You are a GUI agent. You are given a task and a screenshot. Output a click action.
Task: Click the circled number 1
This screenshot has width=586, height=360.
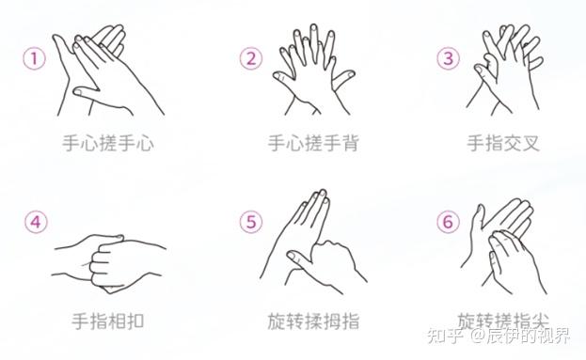point(35,58)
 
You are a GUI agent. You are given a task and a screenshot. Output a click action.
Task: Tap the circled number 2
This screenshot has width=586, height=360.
point(251,58)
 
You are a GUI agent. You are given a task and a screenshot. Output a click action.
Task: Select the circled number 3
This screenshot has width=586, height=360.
point(448,58)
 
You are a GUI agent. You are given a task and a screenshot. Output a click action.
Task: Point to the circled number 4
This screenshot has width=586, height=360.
point(36,222)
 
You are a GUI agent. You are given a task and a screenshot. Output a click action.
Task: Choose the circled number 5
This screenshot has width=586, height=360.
point(251,222)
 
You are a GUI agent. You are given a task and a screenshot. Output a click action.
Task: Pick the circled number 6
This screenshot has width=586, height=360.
point(448,222)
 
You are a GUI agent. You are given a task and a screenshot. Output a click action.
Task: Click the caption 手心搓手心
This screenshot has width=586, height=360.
point(108,143)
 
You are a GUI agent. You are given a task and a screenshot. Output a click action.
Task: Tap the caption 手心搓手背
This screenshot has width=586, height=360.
point(313,143)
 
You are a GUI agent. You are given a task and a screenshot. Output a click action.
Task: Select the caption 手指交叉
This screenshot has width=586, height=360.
point(503,143)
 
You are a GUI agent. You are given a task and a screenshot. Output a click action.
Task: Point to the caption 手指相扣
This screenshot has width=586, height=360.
point(108,321)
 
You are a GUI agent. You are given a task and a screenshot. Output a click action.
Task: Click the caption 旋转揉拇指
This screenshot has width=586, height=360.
point(313,321)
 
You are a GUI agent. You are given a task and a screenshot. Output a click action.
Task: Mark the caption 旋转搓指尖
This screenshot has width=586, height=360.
point(503,321)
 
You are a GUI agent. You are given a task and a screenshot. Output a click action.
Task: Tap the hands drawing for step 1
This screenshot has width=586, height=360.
point(108,70)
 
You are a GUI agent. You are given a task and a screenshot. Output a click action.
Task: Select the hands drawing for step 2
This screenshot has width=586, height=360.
point(313,70)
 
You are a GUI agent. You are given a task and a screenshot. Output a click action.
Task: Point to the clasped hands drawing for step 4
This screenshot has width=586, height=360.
point(109,263)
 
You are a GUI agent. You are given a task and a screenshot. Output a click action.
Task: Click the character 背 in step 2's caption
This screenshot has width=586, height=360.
point(351,143)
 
